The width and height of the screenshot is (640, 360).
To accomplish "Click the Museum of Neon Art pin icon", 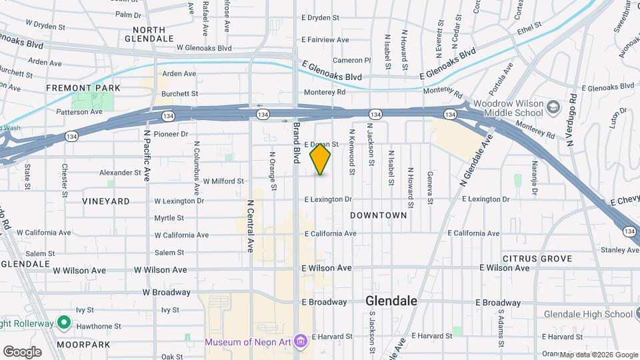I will point(301,342).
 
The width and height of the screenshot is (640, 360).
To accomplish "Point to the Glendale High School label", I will point(588,314).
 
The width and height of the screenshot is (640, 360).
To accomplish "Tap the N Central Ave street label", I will point(251,225).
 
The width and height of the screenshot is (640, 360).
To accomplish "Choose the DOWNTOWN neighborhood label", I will point(379,215).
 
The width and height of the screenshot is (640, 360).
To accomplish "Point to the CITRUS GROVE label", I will point(537,258).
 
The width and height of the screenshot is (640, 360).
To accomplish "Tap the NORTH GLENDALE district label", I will point(153,34).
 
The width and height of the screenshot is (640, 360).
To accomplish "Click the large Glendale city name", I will point(391,301).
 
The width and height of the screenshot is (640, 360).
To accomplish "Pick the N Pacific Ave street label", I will point(147,155).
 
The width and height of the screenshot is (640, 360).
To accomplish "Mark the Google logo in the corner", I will point(22,351).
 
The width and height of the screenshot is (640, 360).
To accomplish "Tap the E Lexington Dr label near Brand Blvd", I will point(328,199).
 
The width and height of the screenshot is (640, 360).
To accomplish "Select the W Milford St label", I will point(223,181).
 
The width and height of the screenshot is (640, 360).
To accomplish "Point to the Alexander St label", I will point(118,172).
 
